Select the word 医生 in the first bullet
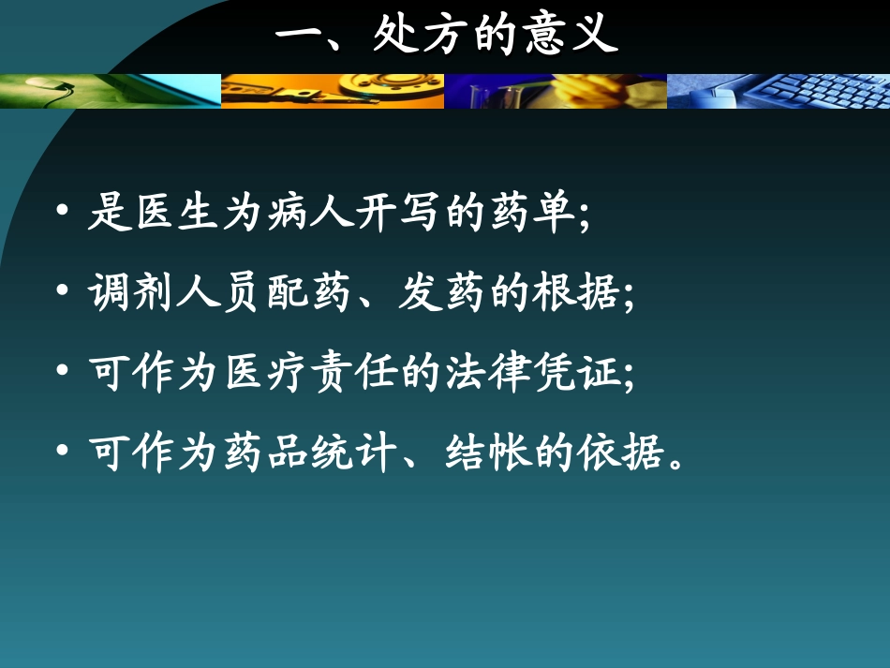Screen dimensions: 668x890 170,215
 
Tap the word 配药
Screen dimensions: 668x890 330,294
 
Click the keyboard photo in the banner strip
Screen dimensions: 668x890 778,91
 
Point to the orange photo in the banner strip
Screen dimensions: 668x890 333,91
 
